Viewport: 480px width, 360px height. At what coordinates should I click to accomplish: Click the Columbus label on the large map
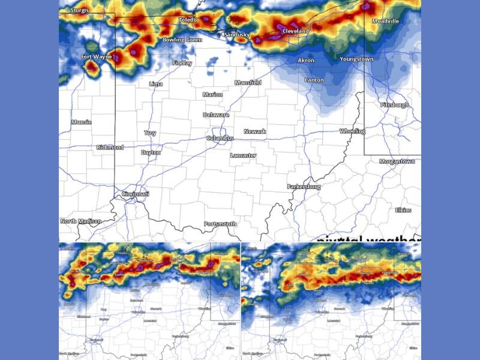[220, 139]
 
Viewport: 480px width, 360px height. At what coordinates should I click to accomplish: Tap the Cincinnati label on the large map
[135, 194]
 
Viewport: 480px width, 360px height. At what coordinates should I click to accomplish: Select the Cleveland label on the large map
[295, 31]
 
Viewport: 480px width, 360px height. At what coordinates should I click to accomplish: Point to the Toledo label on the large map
[188, 20]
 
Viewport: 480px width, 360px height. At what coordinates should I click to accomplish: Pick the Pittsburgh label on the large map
[394, 105]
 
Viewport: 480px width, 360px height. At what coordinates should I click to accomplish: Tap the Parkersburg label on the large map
[304, 187]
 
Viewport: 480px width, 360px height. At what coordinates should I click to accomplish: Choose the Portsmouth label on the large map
[220, 224]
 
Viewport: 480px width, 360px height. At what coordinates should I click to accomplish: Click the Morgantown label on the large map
[397, 161]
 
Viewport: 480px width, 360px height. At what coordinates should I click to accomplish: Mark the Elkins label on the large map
[403, 210]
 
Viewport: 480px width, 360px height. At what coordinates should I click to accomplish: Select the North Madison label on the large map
[80, 221]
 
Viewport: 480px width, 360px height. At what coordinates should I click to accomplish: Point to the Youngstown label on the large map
[356, 59]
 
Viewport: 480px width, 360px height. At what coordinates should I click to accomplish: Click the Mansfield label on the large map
[248, 82]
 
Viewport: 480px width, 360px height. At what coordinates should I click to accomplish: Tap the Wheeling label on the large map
[352, 131]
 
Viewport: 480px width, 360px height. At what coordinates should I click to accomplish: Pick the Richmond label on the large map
[110, 147]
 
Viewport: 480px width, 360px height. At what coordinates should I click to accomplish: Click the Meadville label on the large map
[385, 21]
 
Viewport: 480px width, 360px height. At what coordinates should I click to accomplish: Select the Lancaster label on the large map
[243, 155]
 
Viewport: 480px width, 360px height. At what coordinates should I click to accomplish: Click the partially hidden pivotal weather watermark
[369, 239]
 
